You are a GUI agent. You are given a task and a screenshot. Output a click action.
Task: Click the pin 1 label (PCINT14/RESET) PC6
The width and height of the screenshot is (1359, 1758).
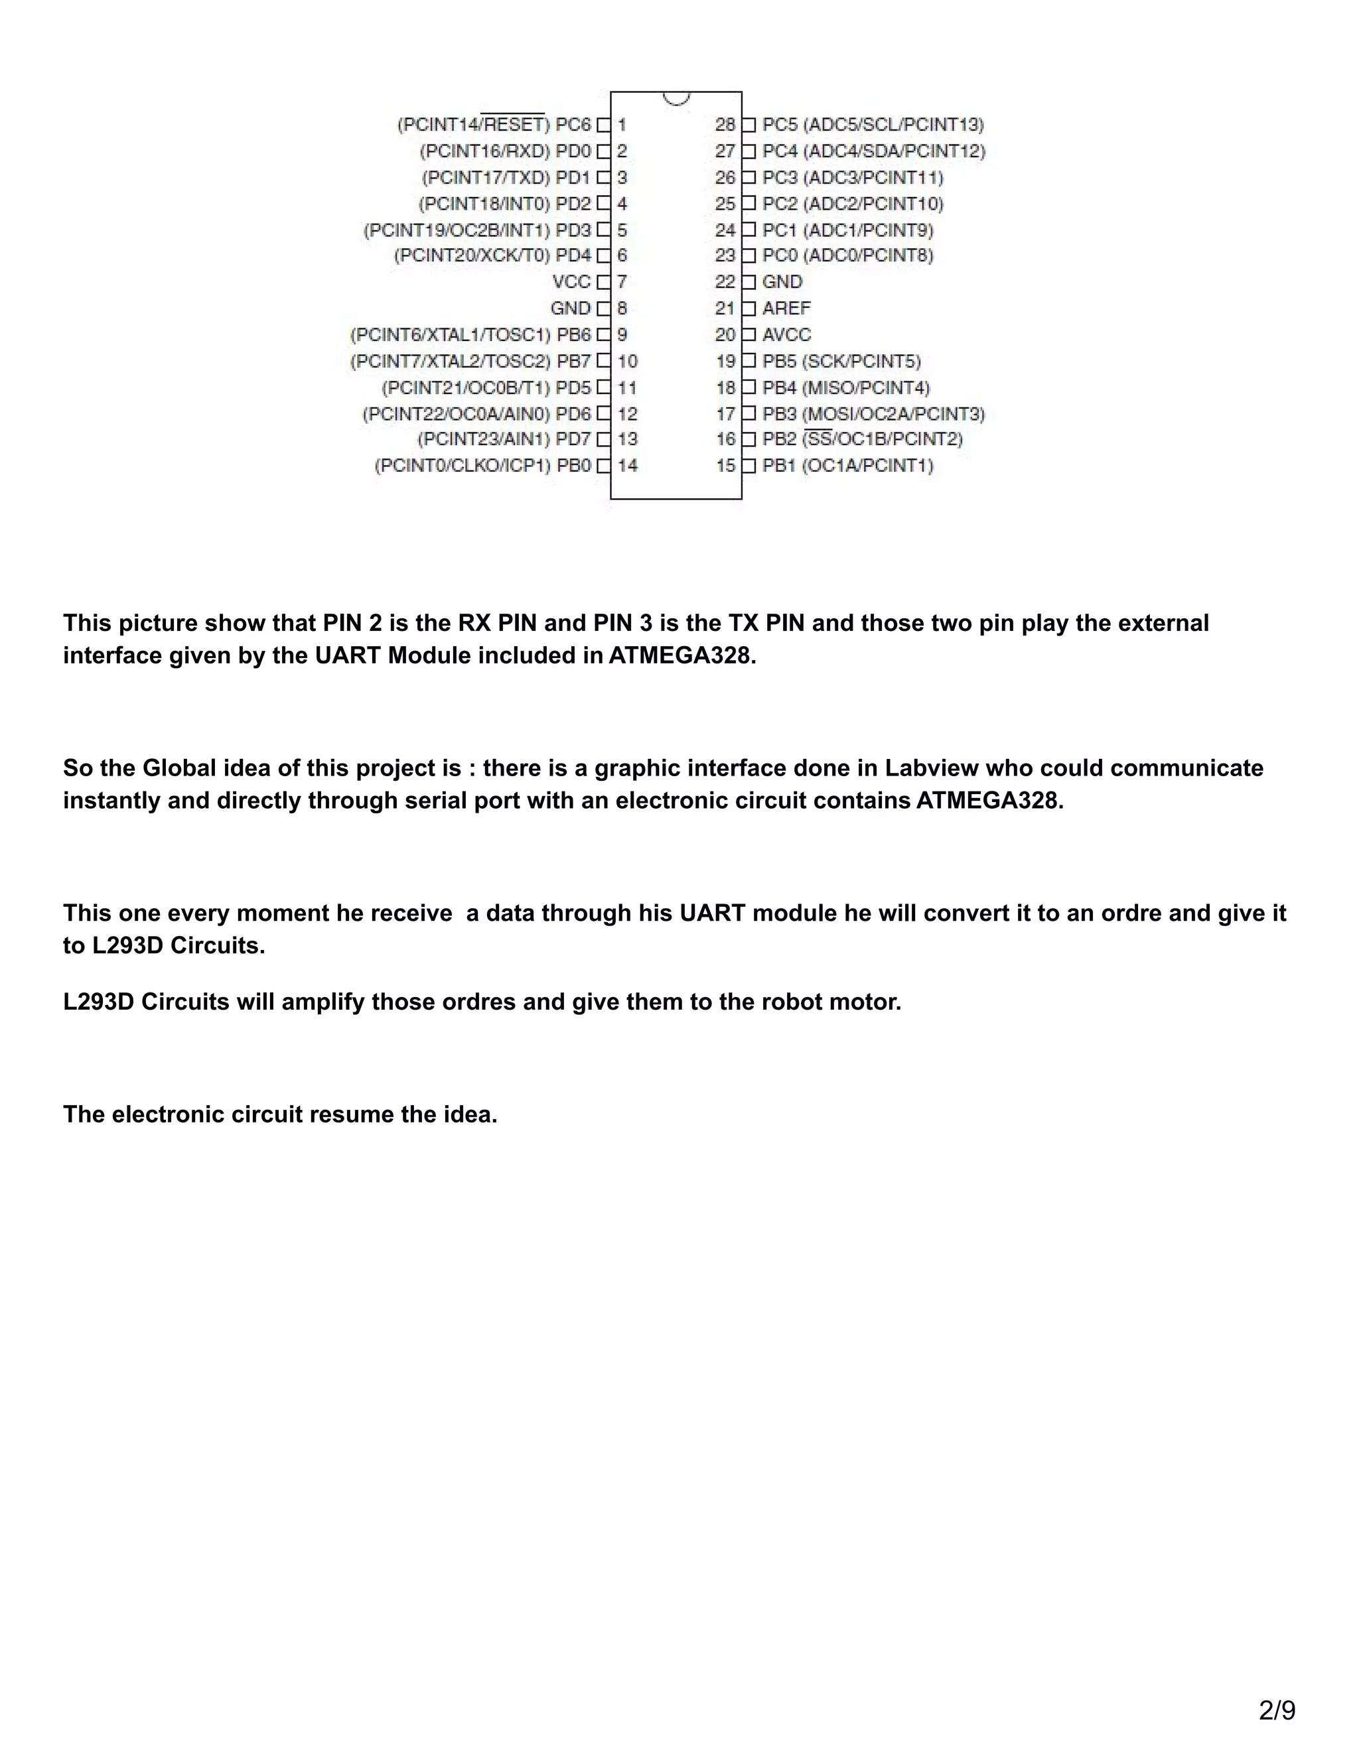coord(494,125)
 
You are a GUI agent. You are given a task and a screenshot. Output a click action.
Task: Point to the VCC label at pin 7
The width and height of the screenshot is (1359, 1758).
coord(571,282)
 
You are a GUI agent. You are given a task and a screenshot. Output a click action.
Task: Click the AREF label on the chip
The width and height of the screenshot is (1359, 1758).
coord(786,308)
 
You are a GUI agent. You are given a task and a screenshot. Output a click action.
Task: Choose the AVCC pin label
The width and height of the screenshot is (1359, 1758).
coord(786,335)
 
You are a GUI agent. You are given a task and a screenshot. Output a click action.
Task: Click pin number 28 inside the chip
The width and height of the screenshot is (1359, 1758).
coord(725,125)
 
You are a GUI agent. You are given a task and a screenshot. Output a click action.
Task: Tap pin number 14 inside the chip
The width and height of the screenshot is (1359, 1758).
coord(627,465)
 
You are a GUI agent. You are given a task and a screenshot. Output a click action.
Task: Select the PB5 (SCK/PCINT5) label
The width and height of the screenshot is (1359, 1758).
coord(841,362)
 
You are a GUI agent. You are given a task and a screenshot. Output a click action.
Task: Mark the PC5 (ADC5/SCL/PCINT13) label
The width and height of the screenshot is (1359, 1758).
coord(873,125)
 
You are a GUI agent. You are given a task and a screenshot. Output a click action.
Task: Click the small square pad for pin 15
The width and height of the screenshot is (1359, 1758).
coord(749,465)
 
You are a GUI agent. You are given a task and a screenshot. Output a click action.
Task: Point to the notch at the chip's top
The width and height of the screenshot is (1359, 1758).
coord(676,98)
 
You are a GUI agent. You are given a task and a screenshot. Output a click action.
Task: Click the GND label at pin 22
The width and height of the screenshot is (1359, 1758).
coord(782,282)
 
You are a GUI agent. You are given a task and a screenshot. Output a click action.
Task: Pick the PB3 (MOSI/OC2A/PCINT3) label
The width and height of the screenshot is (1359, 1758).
coord(873,414)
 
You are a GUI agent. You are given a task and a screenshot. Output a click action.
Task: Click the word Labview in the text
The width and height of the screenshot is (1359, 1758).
coord(931,768)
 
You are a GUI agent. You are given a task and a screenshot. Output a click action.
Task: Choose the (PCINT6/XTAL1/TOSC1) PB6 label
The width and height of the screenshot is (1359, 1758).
coord(470,335)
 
